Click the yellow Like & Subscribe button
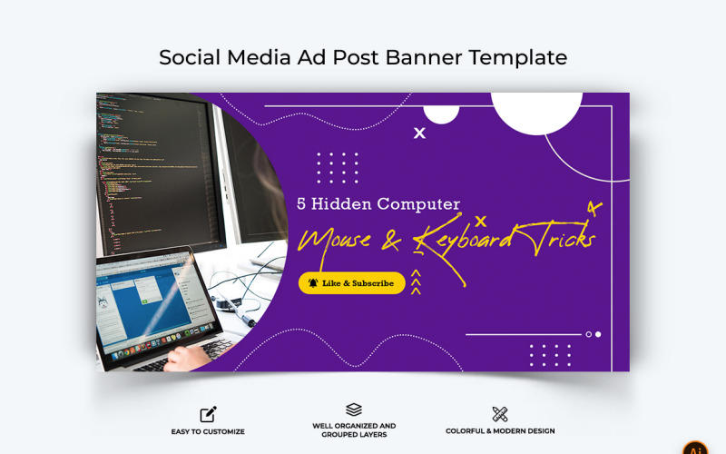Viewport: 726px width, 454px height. click(x=351, y=283)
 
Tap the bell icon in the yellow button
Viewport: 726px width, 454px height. click(x=313, y=283)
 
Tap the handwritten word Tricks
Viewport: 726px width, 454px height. click(x=557, y=238)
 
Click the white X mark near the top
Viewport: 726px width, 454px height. click(x=419, y=133)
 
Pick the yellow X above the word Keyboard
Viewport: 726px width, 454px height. click(x=481, y=221)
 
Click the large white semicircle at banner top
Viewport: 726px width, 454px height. click(x=536, y=109)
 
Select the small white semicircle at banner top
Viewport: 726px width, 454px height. click(x=442, y=111)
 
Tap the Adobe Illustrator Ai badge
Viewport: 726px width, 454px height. click(x=696, y=448)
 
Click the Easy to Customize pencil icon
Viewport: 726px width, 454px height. click(x=208, y=414)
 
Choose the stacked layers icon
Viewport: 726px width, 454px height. click(x=354, y=410)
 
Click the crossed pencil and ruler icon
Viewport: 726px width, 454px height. click(x=500, y=414)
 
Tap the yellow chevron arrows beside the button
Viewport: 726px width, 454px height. click(x=416, y=283)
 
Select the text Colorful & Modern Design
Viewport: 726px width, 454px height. click(x=500, y=431)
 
